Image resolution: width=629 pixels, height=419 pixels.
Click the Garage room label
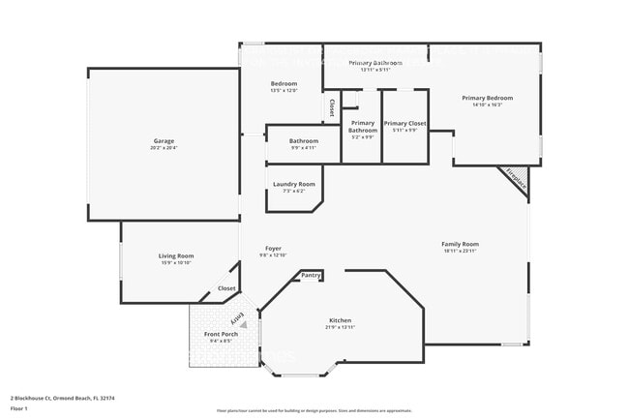coord(163,141)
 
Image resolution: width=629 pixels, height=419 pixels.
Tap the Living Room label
coord(176,255)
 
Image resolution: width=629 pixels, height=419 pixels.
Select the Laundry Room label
coord(293,184)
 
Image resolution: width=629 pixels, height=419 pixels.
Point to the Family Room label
coord(461,244)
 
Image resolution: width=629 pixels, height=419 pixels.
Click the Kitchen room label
coord(340,320)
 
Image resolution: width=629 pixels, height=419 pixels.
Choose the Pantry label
coord(311,276)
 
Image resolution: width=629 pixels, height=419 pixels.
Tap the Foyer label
coord(273,249)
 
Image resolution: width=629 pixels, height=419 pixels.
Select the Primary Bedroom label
coord(487,98)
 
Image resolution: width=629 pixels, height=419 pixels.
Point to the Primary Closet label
coord(404,124)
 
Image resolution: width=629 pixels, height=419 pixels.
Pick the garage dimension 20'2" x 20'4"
coord(163,149)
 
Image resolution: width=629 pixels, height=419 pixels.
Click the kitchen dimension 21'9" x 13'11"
coord(340,328)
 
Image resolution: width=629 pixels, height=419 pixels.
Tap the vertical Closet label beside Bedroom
coord(332,106)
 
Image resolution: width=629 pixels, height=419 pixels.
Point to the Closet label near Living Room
coord(226,288)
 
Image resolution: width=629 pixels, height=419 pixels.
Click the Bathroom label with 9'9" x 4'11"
coord(304,141)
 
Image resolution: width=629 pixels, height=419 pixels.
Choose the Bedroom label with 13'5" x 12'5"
coord(284,84)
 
